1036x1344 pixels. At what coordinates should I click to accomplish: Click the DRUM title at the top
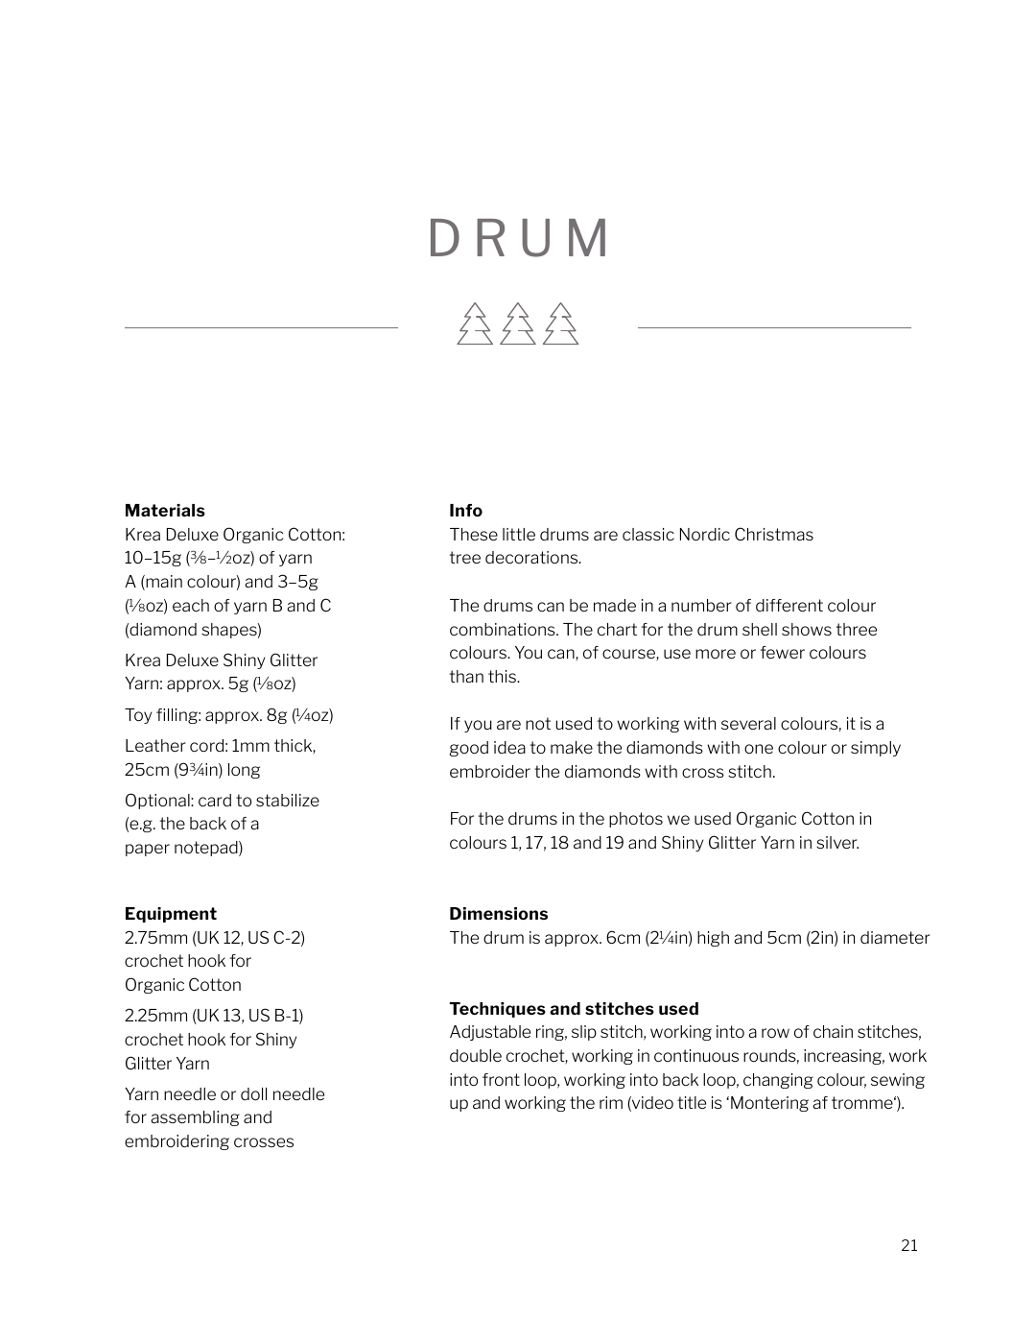coord(518,238)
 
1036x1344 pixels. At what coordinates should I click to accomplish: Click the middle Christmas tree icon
coord(518,324)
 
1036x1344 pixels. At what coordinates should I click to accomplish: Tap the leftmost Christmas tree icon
coord(475,324)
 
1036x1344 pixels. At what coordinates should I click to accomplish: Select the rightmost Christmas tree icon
coord(561,324)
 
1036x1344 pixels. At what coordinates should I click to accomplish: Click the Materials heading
coord(165,511)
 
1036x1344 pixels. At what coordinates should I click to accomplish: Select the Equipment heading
coord(171,914)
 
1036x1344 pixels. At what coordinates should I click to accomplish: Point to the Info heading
coord(466,511)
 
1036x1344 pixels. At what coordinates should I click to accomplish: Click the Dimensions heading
coord(499,914)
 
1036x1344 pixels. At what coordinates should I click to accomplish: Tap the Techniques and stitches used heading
coord(574,1009)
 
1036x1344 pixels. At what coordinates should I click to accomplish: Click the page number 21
coord(909,1246)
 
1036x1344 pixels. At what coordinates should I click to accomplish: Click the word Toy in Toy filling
coord(138,715)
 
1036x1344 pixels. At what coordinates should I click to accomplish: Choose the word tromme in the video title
coord(865,1103)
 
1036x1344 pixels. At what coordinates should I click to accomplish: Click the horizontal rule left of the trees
coord(261,327)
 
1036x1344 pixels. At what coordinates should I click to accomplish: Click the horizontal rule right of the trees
coord(774,327)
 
